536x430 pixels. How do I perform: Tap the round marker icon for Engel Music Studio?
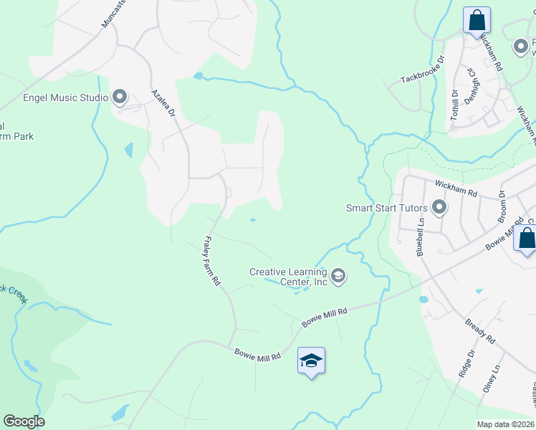tap(119, 97)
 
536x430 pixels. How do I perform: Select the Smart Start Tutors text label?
tap(387, 209)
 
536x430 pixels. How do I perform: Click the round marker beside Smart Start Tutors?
tap(439, 209)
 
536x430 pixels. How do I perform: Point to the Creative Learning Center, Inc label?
tap(288, 277)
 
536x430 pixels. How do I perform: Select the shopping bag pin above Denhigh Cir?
tap(476, 20)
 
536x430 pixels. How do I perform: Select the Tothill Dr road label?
tap(454, 105)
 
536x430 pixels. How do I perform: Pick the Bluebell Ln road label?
tap(421, 236)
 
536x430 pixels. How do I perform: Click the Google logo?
tap(24, 421)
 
